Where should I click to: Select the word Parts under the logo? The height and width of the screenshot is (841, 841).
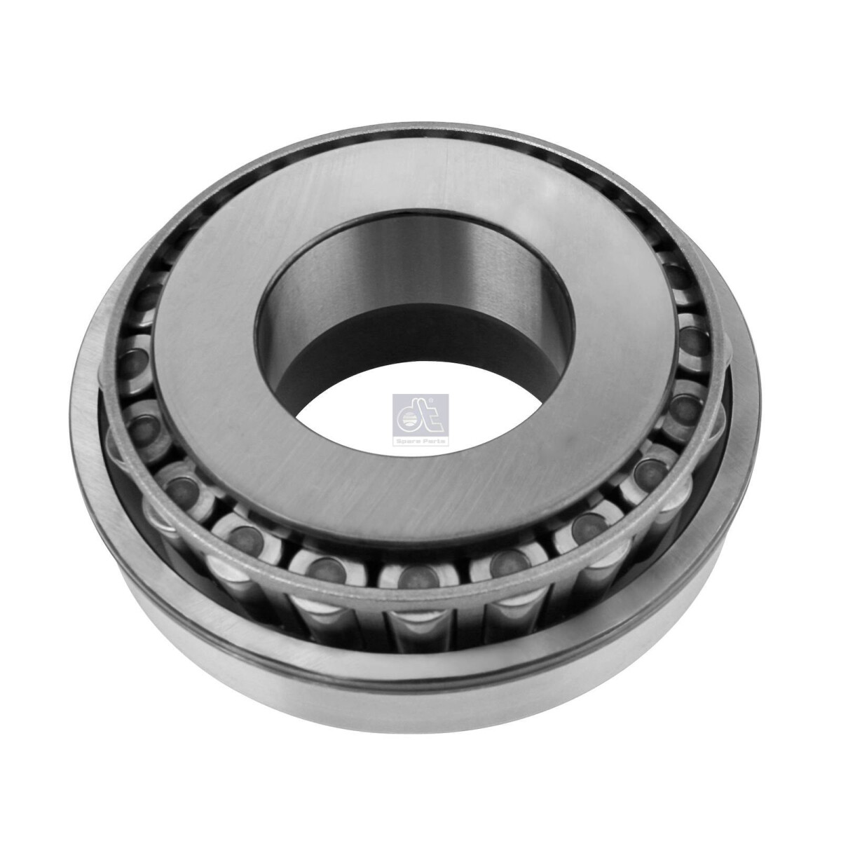tap(434, 442)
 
